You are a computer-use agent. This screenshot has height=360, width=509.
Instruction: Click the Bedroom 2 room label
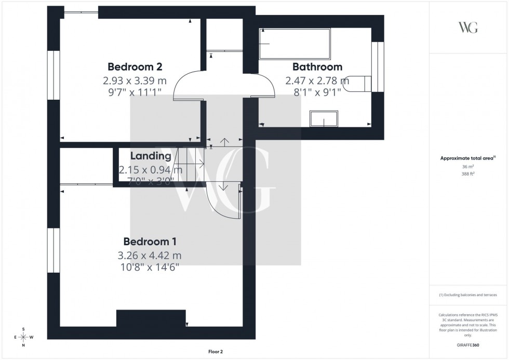[135, 67]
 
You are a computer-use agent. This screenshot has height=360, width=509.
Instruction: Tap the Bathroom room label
[317, 67]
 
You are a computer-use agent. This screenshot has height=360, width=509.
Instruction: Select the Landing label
[151, 156]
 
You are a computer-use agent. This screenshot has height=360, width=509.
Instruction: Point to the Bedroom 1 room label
[150, 242]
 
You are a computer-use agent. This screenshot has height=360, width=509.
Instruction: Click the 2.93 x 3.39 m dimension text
[135, 81]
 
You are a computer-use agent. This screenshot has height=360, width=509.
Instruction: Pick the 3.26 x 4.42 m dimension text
[150, 256]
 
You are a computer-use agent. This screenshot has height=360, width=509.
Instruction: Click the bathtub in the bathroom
[294, 43]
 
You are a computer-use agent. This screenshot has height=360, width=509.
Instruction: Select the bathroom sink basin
[324, 119]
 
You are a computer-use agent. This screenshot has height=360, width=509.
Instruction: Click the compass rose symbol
[23, 337]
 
